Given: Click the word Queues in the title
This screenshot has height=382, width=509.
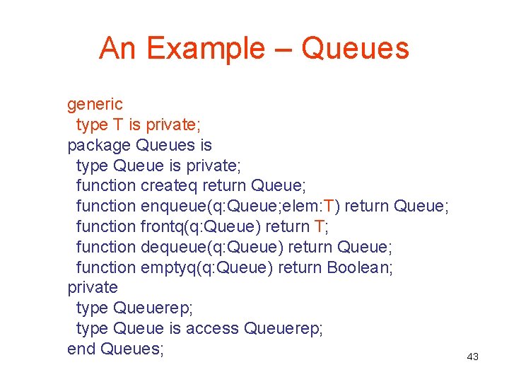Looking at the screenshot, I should [355, 48].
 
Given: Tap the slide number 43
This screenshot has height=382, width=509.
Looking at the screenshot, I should [472, 357].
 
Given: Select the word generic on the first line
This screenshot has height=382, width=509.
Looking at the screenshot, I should [95, 105].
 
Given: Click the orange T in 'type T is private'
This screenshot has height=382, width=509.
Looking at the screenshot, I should [117, 125].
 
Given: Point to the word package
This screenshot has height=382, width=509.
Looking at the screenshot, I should [98, 146].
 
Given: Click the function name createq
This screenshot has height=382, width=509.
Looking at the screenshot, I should [170, 186].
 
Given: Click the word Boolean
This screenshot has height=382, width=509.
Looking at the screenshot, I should [358, 268].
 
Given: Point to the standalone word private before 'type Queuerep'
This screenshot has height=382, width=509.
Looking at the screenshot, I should [92, 288].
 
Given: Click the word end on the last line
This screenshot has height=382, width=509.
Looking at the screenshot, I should [81, 349].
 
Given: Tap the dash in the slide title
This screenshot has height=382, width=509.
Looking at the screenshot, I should [283, 50].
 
